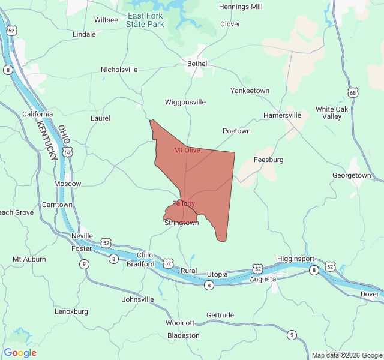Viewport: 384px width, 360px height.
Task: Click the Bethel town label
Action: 197,64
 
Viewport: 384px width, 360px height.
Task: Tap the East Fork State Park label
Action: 145,20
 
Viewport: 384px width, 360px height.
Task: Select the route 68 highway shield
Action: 352,92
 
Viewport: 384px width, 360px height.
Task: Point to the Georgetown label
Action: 352,175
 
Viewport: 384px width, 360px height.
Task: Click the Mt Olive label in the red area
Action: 187,150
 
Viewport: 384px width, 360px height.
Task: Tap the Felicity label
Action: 184,203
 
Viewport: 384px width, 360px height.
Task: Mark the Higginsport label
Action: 296,259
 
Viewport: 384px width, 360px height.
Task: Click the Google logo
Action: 20,353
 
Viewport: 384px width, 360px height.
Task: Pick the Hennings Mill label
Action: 241,7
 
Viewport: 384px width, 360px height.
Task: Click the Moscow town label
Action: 67,184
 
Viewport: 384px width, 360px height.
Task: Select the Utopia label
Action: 217,274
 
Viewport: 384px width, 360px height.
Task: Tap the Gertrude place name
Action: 220,315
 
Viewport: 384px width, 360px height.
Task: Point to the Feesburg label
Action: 268,160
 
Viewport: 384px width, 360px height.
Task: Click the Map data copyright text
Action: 346,355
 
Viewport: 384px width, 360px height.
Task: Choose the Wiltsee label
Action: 106,20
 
